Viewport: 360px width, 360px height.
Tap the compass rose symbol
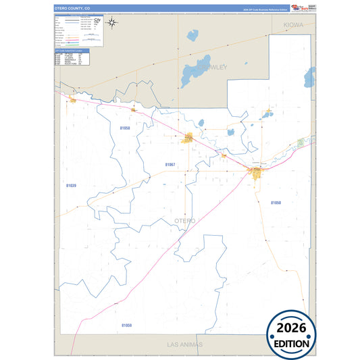pyautogui.click(x=113, y=24)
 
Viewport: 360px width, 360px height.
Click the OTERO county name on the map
pyautogui.click(x=184, y=221)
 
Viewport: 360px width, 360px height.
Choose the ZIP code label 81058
pyautogui.click(x=125, y=127)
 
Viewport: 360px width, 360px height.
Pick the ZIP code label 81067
pyautogui.click(x=170, y=165)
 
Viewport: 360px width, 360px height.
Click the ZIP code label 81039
pyautogui.click(x=72, y=184)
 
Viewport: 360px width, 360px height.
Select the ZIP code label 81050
pyautogui.click(x=276, y=203)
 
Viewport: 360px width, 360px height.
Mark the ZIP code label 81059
pyautogui.click(x=126, y=326)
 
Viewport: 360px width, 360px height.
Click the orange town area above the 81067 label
pyautogui.click(x=188, y=138)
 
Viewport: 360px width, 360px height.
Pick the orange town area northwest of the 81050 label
pyautogui.click(x=257, y=173)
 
